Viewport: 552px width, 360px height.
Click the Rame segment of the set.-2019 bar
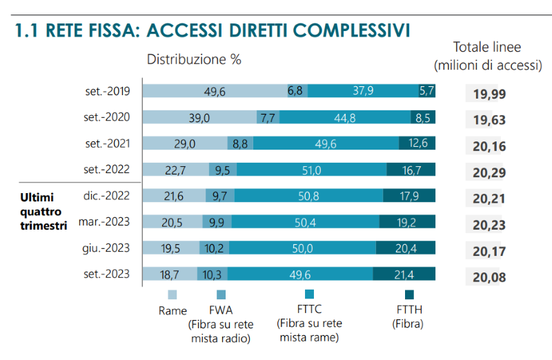pyautogui.click(x=215, y=91)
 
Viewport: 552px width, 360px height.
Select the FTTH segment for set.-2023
pyautogui.click(x=404, y=274)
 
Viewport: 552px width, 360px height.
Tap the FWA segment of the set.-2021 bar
pyautogui.click(x=240, y=143)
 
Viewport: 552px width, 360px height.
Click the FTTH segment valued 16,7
pyautogui.click(x=411, y=170)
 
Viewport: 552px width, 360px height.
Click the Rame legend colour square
pyautogui.click(x=172, y=294)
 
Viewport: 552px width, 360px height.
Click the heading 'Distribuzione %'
pyautogui.click(x=194, y=59)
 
